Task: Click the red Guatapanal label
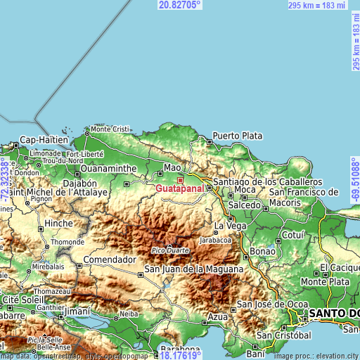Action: (x=180, y=189)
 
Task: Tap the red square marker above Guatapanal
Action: (x=180, y=180)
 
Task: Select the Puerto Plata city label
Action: (x=238, y=135)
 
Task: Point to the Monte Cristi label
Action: (x=110, y=129)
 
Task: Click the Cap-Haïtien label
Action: (x=43, y=139)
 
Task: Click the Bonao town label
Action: (x=262, y=251)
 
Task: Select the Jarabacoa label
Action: (x=215, y=239)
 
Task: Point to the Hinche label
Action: (x=59, y=223)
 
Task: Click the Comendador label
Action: (x=109, y=259)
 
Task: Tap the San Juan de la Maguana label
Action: (x=194, y=269)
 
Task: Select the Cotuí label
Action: (x=291, y=234)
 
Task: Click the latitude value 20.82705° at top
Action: (x=180, y=4)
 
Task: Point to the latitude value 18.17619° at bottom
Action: (x=180, y=355)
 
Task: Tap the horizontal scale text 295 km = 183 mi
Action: (x=317, y=5)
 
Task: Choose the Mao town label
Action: (x=172, y=167)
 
